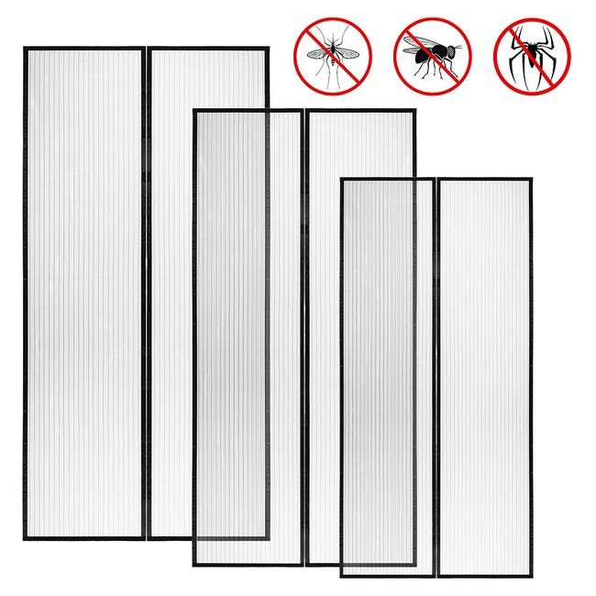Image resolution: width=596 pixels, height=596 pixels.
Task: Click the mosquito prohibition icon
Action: coord(333,54)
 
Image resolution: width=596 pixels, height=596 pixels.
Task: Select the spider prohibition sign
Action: coord(531,56)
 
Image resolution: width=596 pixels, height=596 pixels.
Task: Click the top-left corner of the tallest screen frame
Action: coord(25,49)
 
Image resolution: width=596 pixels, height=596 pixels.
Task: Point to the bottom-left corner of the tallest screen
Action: coord(25,538)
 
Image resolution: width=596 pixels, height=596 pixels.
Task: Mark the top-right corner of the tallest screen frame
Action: coord(267,49)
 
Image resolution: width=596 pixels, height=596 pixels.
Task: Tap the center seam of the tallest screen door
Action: coord(146,293)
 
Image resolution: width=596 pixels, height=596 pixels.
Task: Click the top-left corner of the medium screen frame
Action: coord(193,111)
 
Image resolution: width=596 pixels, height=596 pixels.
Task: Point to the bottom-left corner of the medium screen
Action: coord(193,564)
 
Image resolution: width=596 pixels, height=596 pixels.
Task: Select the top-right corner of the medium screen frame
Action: coord(414,111)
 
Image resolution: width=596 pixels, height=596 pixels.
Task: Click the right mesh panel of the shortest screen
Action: coord(483,377)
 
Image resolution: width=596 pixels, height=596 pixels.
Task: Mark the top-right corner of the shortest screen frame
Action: coord(531,180)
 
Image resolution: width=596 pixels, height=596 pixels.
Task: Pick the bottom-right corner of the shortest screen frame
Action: coord(531,576)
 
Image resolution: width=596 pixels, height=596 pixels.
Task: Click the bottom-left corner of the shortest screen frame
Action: coord(341,576)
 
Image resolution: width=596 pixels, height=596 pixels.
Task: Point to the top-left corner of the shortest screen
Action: coord(341,180)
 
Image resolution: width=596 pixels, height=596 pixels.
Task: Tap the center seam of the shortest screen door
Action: coord(436,377)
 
